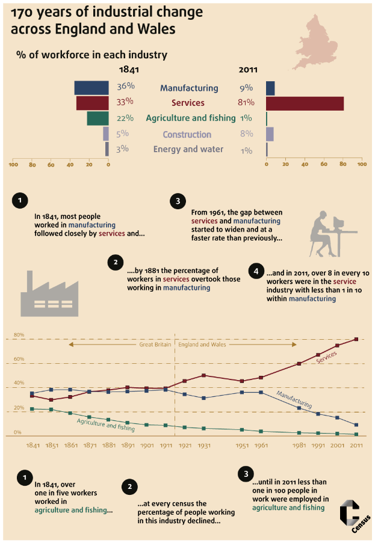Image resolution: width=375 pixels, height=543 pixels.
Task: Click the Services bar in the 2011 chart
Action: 305,103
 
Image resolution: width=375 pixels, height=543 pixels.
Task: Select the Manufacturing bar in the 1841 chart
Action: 91,88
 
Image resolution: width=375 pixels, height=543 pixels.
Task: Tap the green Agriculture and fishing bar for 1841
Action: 98,118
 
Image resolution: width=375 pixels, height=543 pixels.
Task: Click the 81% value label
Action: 246,103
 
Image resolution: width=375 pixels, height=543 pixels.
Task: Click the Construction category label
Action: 187,134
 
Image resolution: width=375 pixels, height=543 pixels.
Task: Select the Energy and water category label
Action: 188,149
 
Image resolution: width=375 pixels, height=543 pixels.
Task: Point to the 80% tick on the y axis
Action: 19,335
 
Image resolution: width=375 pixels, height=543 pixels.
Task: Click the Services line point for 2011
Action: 356,339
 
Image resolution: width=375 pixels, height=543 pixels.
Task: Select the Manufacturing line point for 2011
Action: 356,425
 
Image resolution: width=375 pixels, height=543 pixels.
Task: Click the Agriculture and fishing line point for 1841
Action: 32,409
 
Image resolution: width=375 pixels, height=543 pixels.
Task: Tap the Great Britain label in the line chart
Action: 155,345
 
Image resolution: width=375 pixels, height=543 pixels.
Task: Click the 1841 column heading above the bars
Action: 129,70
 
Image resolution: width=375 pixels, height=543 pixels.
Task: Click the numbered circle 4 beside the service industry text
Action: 256,272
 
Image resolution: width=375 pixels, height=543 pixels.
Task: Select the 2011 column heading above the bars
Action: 248,70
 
